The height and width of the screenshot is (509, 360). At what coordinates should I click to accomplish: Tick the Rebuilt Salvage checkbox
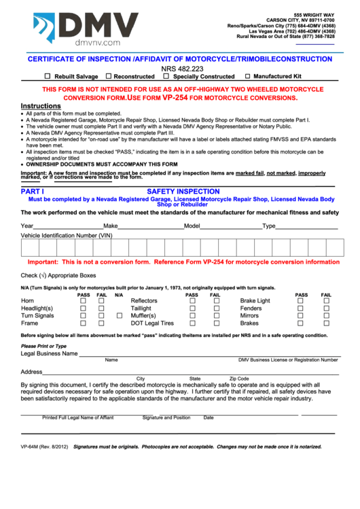48,77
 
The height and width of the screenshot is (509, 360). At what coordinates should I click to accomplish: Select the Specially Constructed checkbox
166,77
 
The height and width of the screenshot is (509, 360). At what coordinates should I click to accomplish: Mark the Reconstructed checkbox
108,77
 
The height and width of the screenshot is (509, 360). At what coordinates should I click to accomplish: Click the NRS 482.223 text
180,69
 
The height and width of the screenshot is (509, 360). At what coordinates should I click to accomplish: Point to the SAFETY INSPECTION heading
183,192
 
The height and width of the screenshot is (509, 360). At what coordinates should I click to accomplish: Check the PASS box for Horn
83,301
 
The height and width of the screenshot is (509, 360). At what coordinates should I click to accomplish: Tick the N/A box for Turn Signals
119,316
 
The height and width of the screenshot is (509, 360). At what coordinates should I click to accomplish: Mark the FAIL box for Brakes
326,323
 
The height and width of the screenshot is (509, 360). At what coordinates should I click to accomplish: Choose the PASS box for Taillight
192,309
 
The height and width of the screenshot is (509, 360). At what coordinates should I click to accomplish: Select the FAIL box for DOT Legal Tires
217,323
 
